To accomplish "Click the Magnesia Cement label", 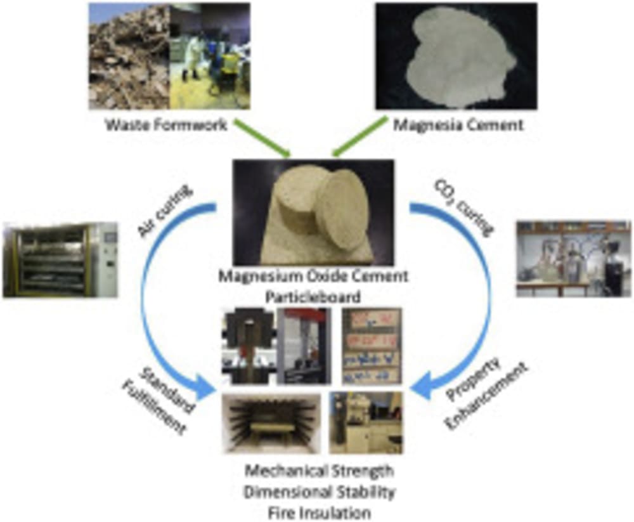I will click(x=458, y=125).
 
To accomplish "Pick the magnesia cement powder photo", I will click(x=456, y=56).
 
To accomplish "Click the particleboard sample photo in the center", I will click(x=313, y=212).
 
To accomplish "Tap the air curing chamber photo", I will click(x=60, y=260).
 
